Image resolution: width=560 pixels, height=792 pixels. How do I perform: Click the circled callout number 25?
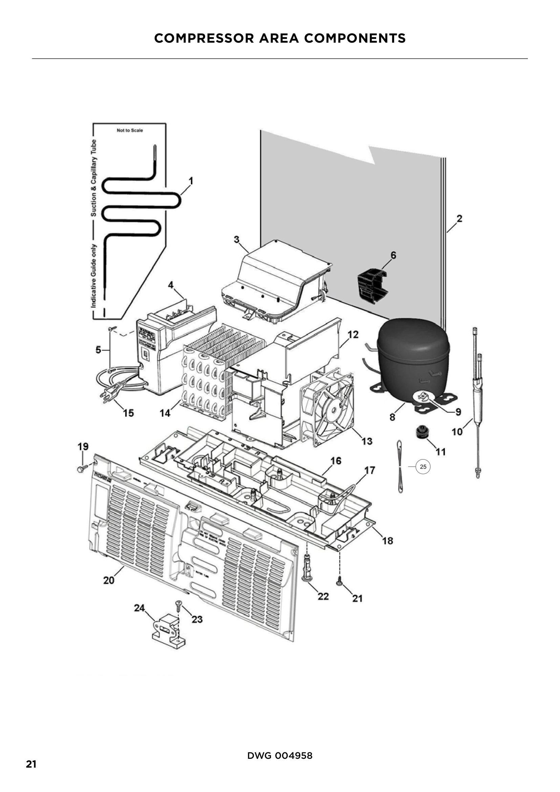point(423,467)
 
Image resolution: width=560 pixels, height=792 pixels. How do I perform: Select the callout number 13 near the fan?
point(367,441)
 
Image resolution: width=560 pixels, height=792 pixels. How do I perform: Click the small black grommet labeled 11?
point(421,432)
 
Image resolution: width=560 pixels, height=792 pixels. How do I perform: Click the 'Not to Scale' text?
point(130,130)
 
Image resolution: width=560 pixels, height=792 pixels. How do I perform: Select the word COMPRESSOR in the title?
point(204,38)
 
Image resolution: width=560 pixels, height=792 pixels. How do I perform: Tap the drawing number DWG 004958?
point(280,755)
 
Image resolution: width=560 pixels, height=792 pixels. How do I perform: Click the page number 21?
point(31,764)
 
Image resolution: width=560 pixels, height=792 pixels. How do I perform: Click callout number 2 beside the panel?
point(459,218)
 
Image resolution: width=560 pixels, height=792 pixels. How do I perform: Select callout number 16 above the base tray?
point(336,461)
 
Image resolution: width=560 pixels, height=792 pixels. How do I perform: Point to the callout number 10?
point(457,431)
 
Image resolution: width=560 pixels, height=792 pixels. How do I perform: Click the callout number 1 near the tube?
point(191,181)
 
